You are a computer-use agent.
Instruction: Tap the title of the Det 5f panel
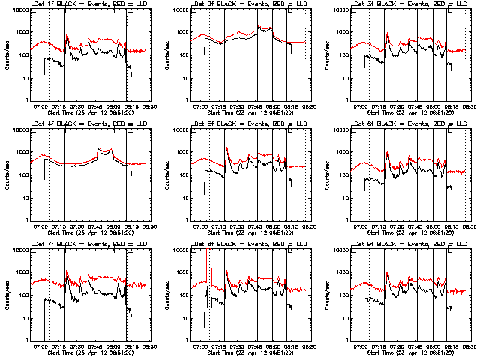[x=248, y=125]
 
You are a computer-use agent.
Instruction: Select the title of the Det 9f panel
[x=409, y=244]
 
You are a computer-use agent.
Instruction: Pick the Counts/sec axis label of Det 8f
[x=166, y=293]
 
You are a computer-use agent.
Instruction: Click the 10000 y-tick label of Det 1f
[x=18, y=10]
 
